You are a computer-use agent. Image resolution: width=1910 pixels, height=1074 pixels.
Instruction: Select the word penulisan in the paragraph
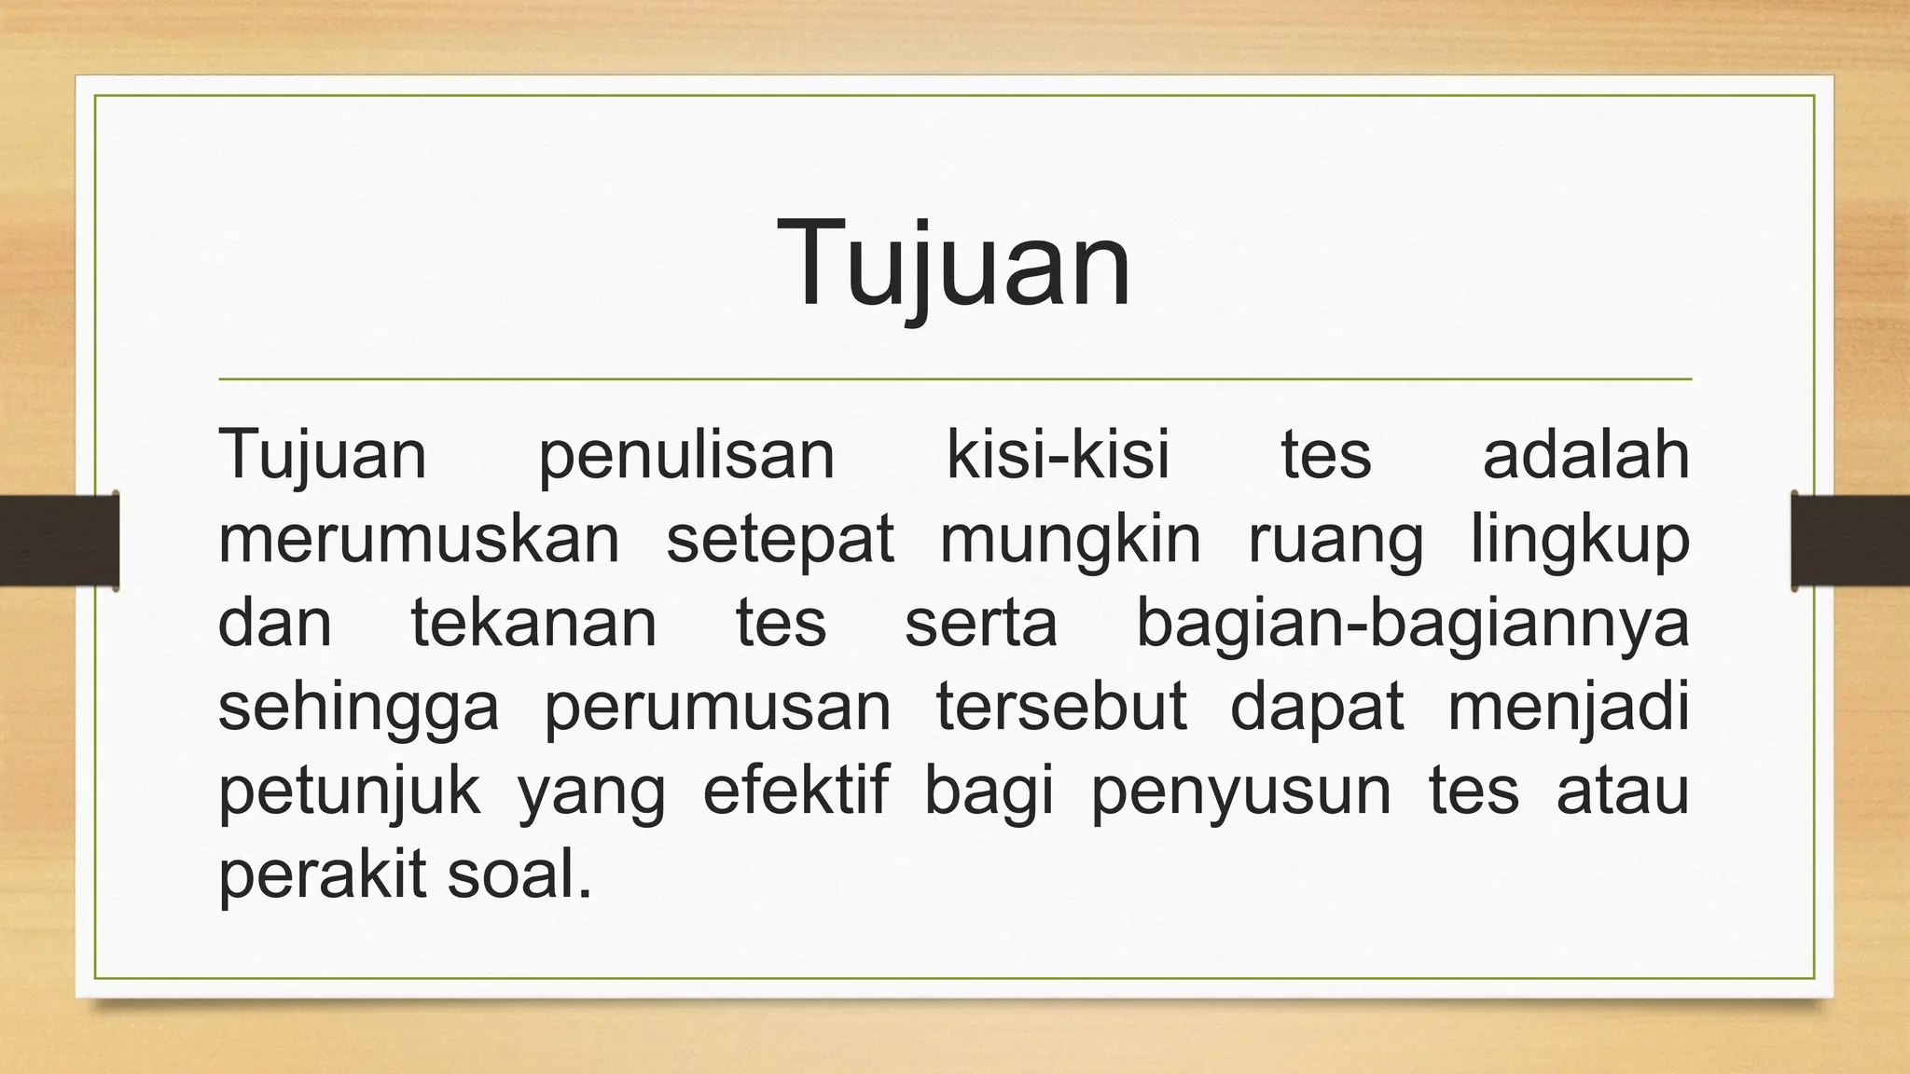pyautogui.click(x=686, y=457)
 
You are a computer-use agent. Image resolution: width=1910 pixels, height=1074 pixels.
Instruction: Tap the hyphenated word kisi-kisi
pyautogui.click(x=1058, y=455)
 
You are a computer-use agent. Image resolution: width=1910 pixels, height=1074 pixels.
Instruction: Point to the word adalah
pyautogui.click(x=1585, y=455)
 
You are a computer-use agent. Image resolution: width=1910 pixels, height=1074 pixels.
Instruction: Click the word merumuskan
pyautogui.click(x=419, y=539)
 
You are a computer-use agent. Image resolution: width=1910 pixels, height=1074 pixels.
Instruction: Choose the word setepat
pyautogui.click(x=780, y=541)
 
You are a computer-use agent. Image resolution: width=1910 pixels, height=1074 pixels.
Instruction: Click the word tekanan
pyautogui.click(x=534, y=623)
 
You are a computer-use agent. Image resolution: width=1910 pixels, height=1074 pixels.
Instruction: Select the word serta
pyautogui.click(x=981, y=625)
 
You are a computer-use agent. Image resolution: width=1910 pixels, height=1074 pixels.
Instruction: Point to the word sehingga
pyautogui.click(x=359, y=709)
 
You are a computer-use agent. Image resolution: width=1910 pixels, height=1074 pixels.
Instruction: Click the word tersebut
pyautogui.click(x=1061, y=707)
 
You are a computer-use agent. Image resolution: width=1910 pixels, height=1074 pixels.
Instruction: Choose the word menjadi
pyautogui.click(x=1569, y=709)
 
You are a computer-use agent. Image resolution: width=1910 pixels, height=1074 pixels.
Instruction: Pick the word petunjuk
pyautogui.click(x=350, y=792)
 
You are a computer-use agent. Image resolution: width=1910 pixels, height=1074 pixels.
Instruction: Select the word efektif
pyautogui.click(x=796, y=791)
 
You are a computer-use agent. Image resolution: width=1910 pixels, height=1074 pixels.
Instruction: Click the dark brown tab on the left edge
pyautogui.click(x=59, y=541)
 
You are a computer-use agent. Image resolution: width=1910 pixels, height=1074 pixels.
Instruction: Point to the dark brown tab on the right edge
pyautogui.click(x=1850, y=541)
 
